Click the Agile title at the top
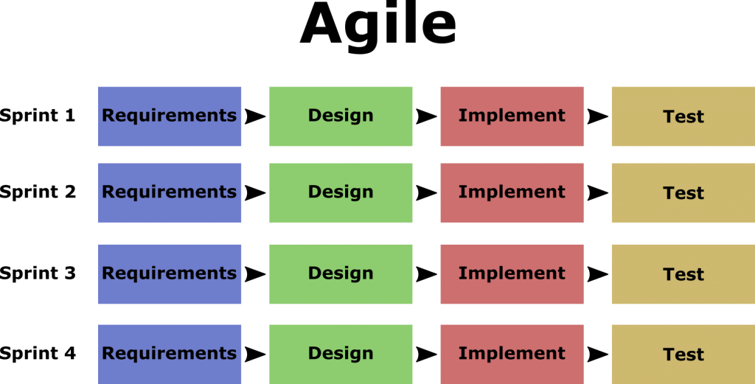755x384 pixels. tap(377, 24)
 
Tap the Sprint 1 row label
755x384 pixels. tap(38, 116)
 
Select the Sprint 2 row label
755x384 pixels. tap(38, 192)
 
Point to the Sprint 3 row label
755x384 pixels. tap(38, 273)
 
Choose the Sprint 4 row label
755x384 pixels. tap(38, 355)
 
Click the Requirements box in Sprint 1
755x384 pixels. tap(170, 116)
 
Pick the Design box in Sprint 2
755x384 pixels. tap(341, 193)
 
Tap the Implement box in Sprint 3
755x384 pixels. tap(512, 274)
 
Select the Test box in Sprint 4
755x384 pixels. tap(683, 355)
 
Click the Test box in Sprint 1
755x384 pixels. tap(683, 116)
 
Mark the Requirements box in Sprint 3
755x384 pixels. tap(170, 274)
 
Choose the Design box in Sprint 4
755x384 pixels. tap(341, 355)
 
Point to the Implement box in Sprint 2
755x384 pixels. tap(512, 193)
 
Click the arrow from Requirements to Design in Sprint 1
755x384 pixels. tap(255, 116)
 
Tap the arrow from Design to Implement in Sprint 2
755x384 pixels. tap(427, 193)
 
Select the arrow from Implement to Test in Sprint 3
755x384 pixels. tap(597, 274)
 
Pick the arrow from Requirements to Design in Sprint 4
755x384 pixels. tap(255, 355)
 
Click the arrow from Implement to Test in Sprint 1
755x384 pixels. tap(597, 116)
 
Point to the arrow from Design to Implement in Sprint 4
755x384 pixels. tap(427, 355)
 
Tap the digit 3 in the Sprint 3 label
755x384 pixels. tap(70, 273)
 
